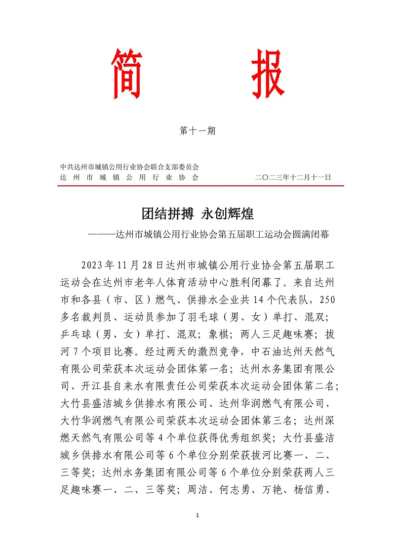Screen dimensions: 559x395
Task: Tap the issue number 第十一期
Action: pyautogui.click(x=197, y=131)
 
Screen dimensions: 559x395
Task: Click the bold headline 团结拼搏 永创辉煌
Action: pyautogui.click(x=197, y=214)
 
